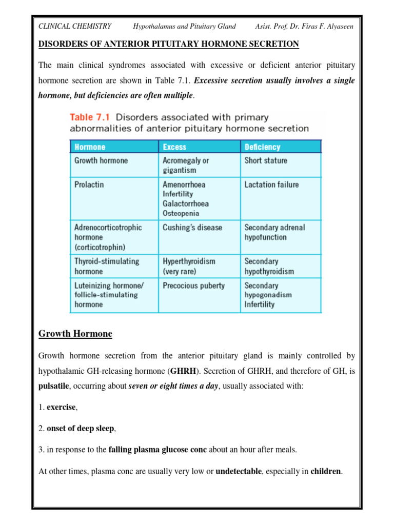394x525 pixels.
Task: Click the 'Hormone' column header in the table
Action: coord(90,147)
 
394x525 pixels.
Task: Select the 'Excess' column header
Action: coord(174,147)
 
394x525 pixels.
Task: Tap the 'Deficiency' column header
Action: coord(262,147)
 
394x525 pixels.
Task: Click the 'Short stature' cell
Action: coord(266,160)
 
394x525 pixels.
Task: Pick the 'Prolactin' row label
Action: coord(89,185)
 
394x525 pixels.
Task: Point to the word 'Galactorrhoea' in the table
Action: coord(186,204)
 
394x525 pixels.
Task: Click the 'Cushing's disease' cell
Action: coord(192,227)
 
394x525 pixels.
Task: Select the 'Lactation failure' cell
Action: coord(271,185)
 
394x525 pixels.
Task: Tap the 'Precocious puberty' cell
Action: coord(193,286)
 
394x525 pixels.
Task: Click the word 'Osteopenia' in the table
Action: coord(181,213)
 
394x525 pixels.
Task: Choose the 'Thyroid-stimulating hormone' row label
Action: coord(107,266)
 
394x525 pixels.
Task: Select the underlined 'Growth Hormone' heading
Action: coord(75,334)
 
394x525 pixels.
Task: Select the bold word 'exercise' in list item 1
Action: coord(61,408)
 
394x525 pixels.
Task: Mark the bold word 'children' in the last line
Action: coord(326,471)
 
